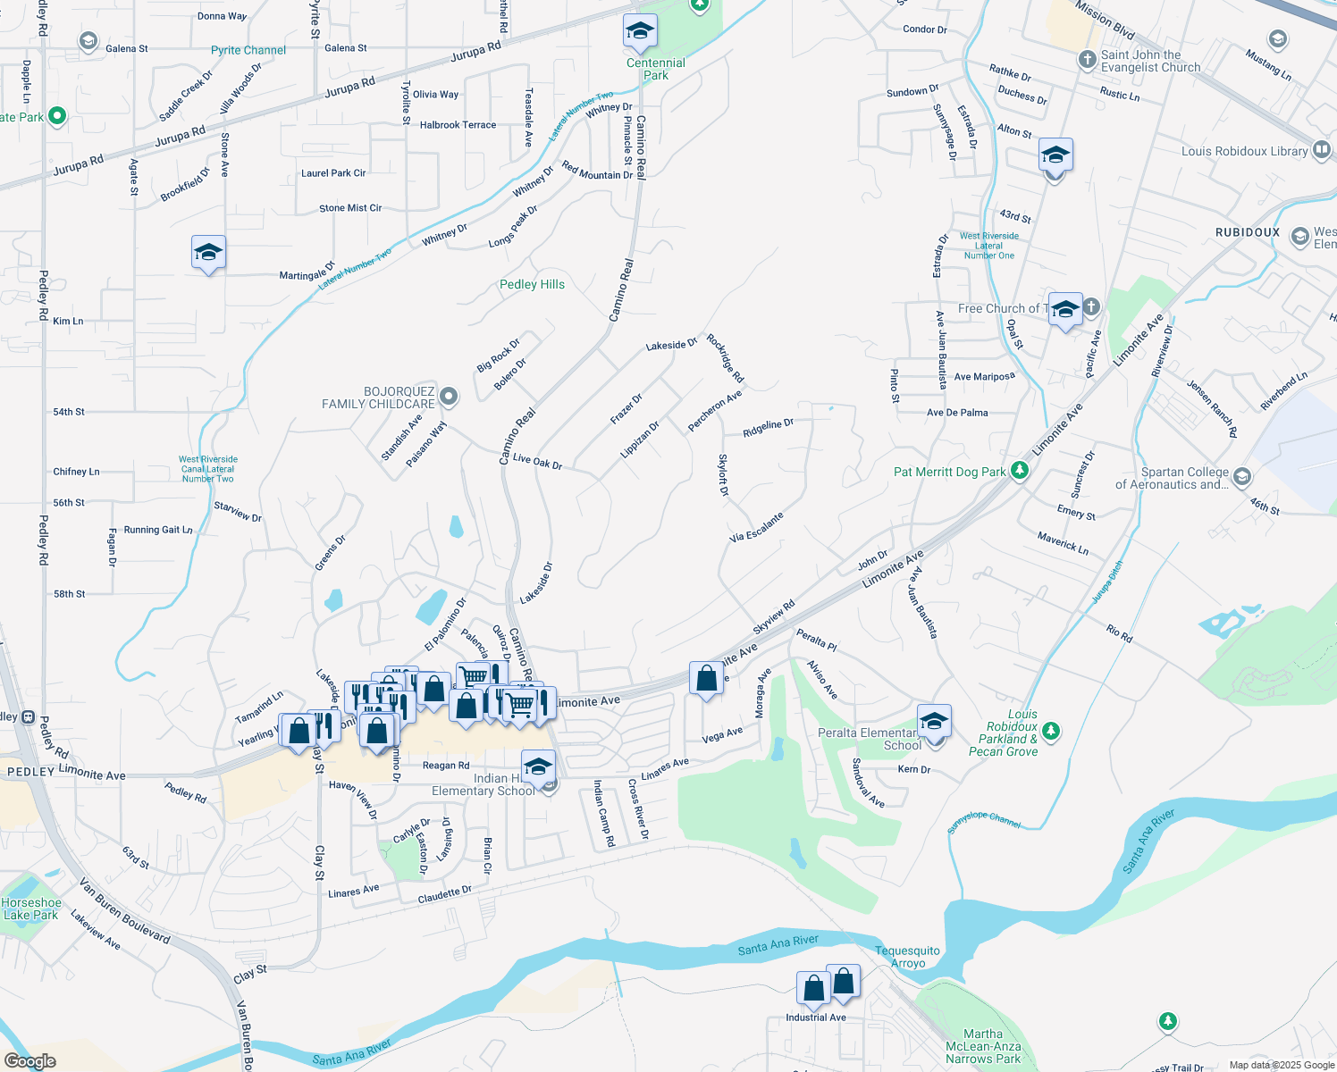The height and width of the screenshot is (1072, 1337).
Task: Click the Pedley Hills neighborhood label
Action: (532, 284)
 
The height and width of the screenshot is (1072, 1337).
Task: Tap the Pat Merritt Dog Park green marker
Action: (1020, 471)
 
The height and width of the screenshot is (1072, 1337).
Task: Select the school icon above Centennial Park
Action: (640, 32)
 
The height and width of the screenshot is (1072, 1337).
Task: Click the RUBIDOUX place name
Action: (1248, 232)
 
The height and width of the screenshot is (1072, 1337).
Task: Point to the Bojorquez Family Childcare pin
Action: (449, 397)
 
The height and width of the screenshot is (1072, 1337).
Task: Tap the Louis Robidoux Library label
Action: (1244, 151)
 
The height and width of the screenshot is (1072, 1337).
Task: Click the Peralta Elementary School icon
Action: (934, 720)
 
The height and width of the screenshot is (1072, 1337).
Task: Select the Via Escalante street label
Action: (756, 527)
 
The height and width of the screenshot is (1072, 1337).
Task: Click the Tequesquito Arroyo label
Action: (907, 957)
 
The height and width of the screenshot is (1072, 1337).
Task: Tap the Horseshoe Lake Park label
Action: (31, 909)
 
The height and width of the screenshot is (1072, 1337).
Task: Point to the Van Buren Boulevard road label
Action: (124, 909)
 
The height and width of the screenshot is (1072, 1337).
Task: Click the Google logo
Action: (29, 1061)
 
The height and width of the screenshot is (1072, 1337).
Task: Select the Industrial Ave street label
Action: (816, 1018)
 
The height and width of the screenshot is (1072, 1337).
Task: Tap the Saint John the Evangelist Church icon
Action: (1087, 60)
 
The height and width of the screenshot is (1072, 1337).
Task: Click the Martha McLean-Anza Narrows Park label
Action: (983, 1046)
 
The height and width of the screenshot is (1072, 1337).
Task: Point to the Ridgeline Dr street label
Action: (768, 428)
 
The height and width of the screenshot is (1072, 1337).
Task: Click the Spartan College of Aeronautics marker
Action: (1242, 478)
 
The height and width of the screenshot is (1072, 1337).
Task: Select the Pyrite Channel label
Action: (248, 50)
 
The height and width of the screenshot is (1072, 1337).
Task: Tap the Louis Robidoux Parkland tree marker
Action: (1051, 732)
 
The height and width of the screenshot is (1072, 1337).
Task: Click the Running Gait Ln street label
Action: (158, 530)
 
